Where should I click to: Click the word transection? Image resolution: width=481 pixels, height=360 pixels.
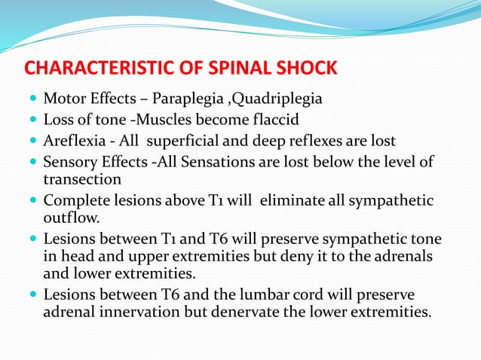81,180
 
